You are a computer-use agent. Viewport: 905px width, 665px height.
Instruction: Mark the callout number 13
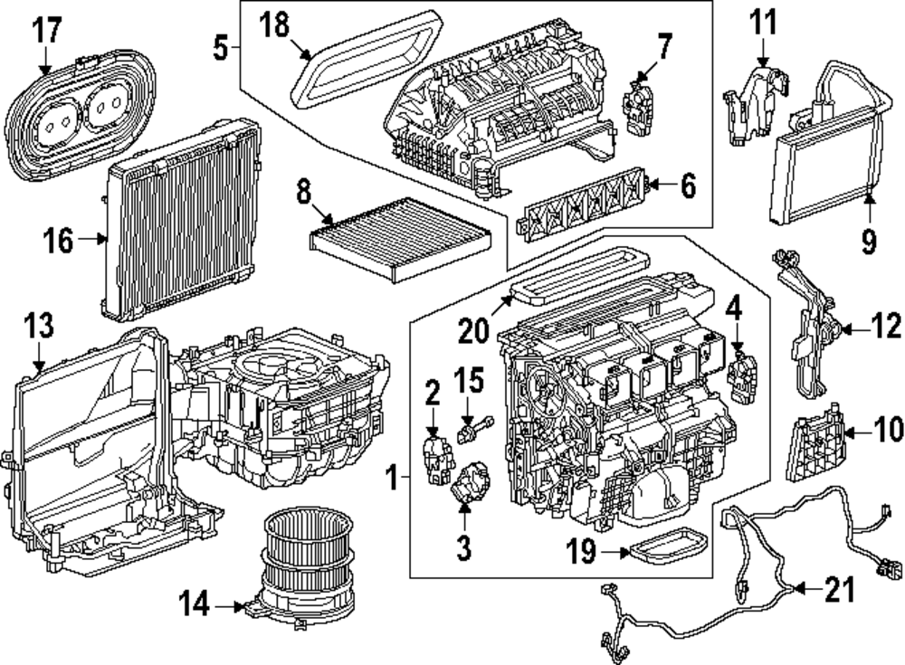pyautogui.click(x=39, y=326)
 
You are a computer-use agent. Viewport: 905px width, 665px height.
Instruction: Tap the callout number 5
pyautogui.click(x=220, y=47)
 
